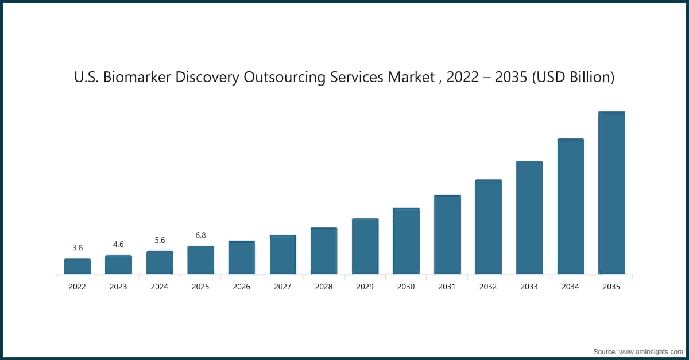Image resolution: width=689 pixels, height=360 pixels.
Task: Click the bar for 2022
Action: pos(78,266)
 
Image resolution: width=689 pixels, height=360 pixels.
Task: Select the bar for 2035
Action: pos(611,193)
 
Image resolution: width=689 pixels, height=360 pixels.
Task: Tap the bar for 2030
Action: pos(406,241)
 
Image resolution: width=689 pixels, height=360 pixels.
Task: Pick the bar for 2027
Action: pos(283,254)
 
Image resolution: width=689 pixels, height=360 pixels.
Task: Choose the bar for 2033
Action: pos(529,218)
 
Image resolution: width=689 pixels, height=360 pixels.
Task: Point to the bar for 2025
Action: pos(200,260)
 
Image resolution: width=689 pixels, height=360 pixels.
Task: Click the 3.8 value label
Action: pos(78,248)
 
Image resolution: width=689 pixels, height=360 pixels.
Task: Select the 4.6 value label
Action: pos(118,245)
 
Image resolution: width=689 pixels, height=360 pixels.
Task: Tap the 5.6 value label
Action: pos(160,241)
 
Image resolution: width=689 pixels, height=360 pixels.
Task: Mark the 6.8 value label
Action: pos(200,235)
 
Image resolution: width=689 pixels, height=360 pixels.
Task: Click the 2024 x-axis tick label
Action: pos(160,287)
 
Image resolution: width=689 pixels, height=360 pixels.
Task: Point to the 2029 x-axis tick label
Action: pos(365,287)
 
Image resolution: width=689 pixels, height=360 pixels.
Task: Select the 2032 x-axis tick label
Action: pos(488,287)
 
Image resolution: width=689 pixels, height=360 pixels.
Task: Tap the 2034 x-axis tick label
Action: pos(570,287)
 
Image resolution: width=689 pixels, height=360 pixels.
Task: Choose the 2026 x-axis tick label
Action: pos(242,287)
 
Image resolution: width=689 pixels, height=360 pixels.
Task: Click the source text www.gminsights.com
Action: pos(651,351)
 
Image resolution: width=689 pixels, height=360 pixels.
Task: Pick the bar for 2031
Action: pos(447,234)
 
